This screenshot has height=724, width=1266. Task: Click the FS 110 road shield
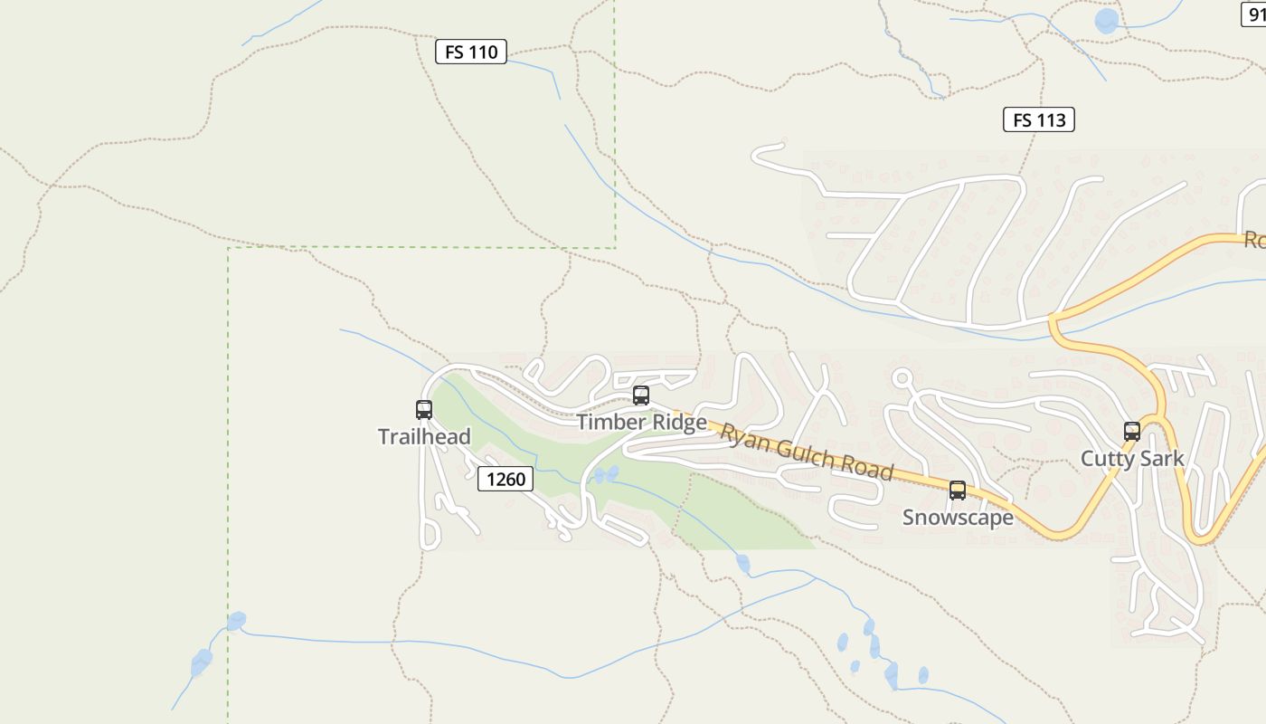pos(470,52)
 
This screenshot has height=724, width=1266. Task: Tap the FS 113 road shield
pos(1038,119)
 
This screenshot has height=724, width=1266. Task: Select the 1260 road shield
pos(505,479)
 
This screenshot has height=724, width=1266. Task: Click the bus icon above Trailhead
pos(423,410)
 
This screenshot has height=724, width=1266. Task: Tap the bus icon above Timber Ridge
pos(640,395)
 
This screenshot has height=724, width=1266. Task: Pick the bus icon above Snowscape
pos(957,491)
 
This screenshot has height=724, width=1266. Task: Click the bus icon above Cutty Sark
pos(1131,432)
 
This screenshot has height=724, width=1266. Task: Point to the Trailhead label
pos(424,437)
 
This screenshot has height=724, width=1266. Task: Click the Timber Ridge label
pos(641,423)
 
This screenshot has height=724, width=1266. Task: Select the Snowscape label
pos(958,518)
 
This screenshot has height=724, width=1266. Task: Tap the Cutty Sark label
pos(1132,459)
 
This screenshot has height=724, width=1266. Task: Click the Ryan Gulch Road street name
pos(807,452)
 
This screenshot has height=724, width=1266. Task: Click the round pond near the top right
pos(1106,21)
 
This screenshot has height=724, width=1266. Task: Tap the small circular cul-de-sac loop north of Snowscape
pos(901,377)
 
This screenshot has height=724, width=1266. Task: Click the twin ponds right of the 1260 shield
pos(605,474)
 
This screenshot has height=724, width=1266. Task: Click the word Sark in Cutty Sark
pos(1162,459)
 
